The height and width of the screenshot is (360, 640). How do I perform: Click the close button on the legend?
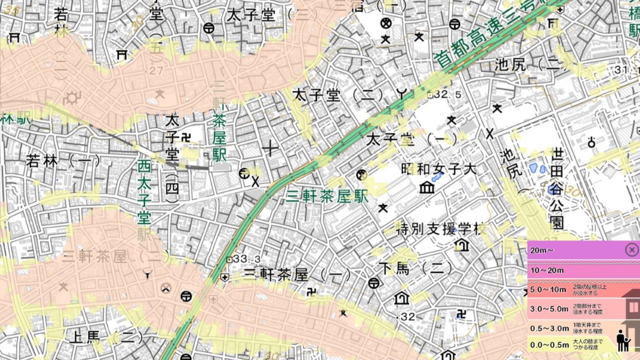point(632,250)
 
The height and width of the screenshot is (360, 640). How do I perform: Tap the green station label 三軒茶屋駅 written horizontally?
point(327,197)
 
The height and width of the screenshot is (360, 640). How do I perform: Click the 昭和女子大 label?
point(438,169)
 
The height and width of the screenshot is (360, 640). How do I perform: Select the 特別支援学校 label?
point(441,229)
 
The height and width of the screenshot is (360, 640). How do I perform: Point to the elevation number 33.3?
point(246,259)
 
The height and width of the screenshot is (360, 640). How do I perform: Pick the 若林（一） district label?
point(63,162)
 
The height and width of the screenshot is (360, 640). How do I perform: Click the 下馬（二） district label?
point(415,269)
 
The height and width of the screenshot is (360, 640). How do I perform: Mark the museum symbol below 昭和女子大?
point(427,187)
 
